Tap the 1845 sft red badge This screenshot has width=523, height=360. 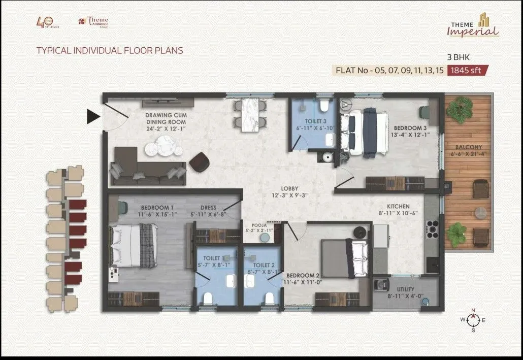(467, 71)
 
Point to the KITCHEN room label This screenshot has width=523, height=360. (398, 207)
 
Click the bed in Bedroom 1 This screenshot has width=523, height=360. (133, 246)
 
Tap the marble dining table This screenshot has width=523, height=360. (250, 115)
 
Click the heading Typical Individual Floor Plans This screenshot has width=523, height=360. (109, 51)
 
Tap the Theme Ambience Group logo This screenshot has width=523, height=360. (93, 22)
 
